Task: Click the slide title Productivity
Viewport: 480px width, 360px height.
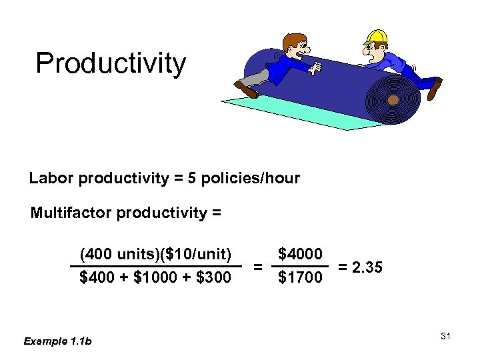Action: (x=111, y=64)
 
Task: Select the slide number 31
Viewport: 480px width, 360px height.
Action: (x=446, y=336)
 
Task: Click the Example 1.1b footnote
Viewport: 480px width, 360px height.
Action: (x=57, y=341)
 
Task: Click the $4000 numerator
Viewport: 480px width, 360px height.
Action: (x=300, y=255)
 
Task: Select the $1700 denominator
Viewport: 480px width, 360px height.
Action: (x=300, y=277)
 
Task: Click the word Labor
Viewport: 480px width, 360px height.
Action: (x=51, y=179)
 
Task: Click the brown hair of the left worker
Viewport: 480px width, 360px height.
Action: (x=291, y=41)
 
